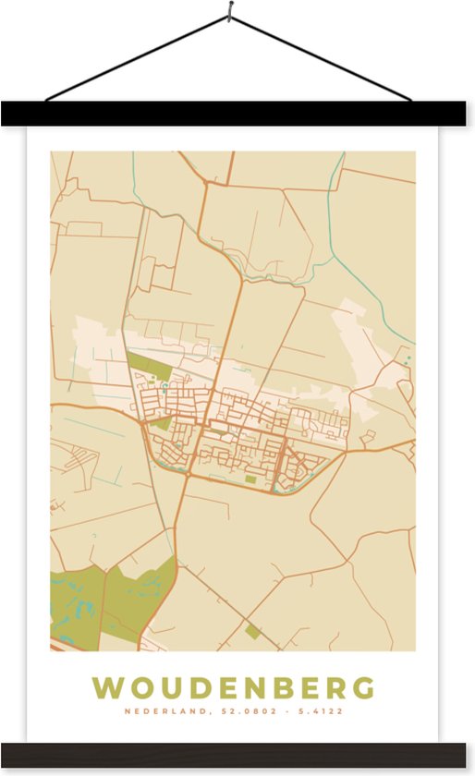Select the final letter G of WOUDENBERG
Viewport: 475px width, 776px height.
[x=364, y=688]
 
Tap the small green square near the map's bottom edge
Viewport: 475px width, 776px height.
[x=252, y=632]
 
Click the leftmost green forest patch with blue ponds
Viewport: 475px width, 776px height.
[x=75, y=605]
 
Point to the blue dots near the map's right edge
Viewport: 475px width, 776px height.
[x=406, y=355]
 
